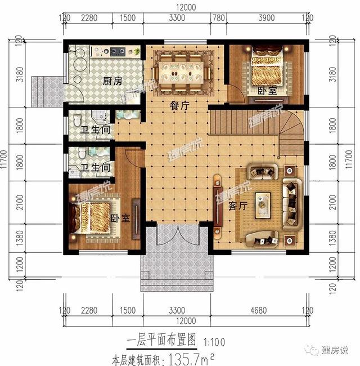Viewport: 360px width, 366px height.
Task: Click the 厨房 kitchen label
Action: [112, 82]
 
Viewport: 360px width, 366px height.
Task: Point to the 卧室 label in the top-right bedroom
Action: [267, 91]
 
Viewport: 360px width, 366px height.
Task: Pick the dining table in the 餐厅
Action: [181, 71]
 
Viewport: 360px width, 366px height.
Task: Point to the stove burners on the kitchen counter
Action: [119, 53]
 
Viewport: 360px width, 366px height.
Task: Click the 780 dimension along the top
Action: [218, 19]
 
